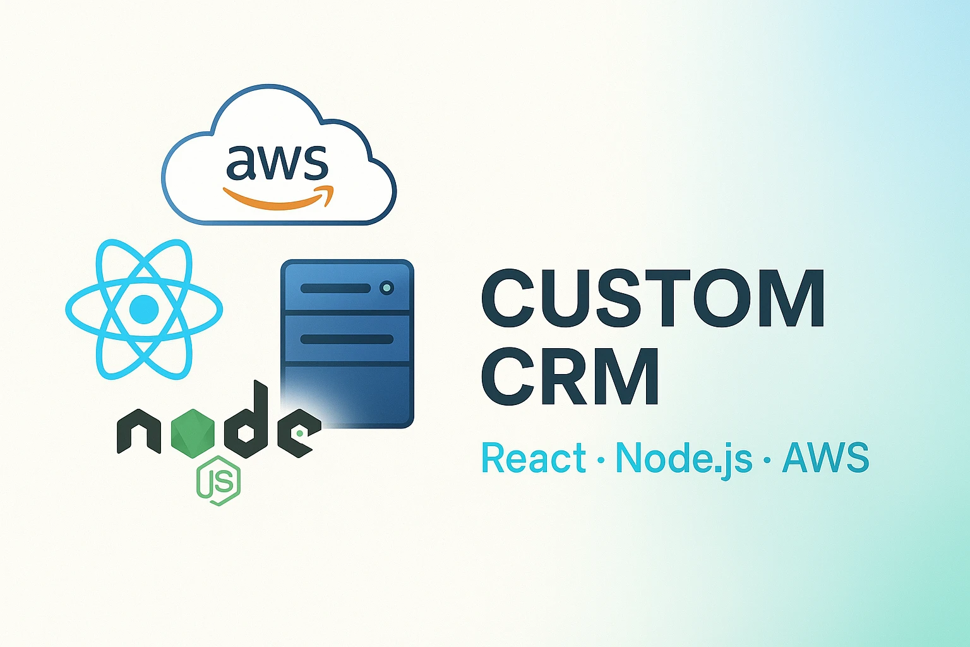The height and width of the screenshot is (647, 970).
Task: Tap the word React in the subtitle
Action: [x=534, y=457]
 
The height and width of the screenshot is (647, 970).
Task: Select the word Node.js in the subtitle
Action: [x=684, y=460]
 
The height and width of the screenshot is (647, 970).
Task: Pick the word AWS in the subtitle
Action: [x=826, y=457]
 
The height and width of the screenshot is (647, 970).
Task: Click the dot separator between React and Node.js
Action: [x=601, y=460]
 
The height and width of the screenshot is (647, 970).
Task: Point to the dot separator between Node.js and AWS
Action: [x=767, y=460]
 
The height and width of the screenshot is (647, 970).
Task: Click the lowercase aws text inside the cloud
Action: [x=277, y=163]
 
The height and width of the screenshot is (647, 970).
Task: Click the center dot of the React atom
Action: [x=144, y=309]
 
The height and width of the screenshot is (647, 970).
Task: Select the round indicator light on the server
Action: [x=386, y=287]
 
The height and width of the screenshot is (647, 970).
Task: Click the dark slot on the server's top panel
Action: [x=335, y=288]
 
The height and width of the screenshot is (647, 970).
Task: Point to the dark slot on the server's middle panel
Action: [x=347, y=339]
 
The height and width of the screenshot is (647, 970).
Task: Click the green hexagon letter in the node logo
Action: [x=193, y=434]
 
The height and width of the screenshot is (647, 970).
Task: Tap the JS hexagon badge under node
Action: [x=219, y=481]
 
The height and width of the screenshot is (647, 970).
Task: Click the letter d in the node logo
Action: [x=246, y=420]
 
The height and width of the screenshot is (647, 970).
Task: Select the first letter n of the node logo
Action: [x=139, y=432]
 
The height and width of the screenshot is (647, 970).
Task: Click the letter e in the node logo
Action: [x=299, y=433]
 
